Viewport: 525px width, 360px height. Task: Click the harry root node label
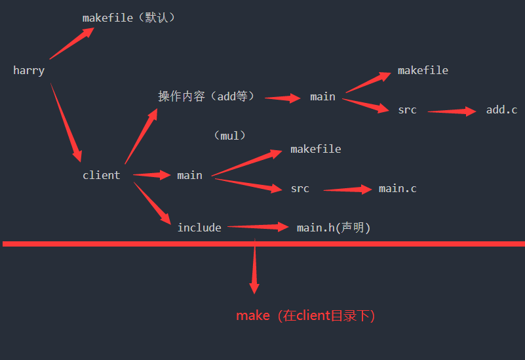pos(29,71)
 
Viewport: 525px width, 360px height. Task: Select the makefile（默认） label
pos(129,18)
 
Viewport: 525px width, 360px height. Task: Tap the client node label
pos(101,175)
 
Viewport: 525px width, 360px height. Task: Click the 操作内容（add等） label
pos(206,96)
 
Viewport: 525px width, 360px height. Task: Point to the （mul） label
pos(229,136)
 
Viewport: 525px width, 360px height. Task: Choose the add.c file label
pos(501,110)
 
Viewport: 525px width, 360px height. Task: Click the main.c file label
pos(397,189)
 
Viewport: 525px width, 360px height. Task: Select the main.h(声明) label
pos(334,228)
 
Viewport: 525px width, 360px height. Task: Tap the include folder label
pos(199,228)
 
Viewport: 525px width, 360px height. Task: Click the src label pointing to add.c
pos(407,110)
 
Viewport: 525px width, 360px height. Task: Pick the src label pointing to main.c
pos(300,189)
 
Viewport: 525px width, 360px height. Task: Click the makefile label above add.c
pos(423,71)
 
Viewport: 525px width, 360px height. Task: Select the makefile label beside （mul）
pos(316,150)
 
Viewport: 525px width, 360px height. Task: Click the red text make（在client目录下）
pos(305,315)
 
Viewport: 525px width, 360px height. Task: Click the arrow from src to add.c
pos(452,111)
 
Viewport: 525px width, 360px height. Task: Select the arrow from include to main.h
pos(258,227)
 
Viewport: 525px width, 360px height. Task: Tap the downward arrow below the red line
pos(254,269)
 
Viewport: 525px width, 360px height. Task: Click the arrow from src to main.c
pos(348,190)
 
